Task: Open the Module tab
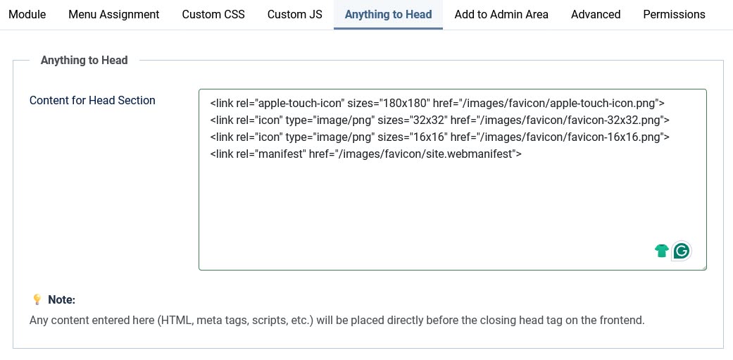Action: pos(27,14)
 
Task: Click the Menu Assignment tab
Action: pos(114,14)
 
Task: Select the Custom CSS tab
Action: pos(213,14)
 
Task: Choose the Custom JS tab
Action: pos(295,14)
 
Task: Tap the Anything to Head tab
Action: pos(389,14)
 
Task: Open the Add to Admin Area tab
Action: pos(501,14)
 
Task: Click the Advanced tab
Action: pos(596,14)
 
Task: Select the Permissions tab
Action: pos(674,14)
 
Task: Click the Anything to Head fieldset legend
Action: pos(84,61)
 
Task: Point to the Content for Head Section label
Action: pos(92,101)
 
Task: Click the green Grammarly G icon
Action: pos(681,251)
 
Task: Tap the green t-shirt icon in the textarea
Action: pos(661,251)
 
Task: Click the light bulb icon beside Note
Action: pos(37,300)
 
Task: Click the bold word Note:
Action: pos(62,300)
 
